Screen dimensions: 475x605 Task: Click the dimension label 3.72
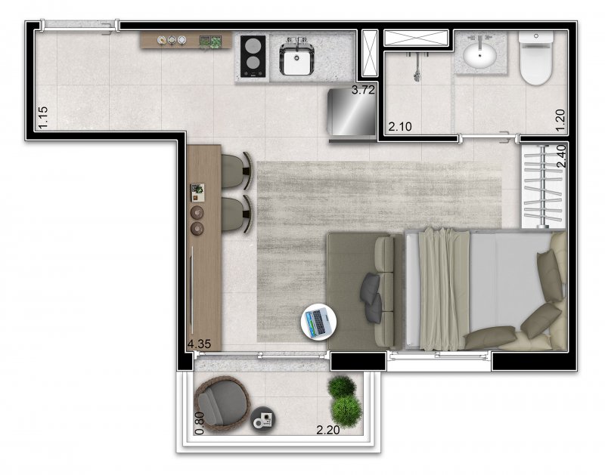(x=364, y=91)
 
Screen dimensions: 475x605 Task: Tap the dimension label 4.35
(x=200, y=344)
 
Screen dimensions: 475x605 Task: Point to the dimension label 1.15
(x=43, y=118)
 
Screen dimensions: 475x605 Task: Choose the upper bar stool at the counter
(x=238, y=170)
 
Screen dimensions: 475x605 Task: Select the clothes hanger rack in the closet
(x=543, y=185)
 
